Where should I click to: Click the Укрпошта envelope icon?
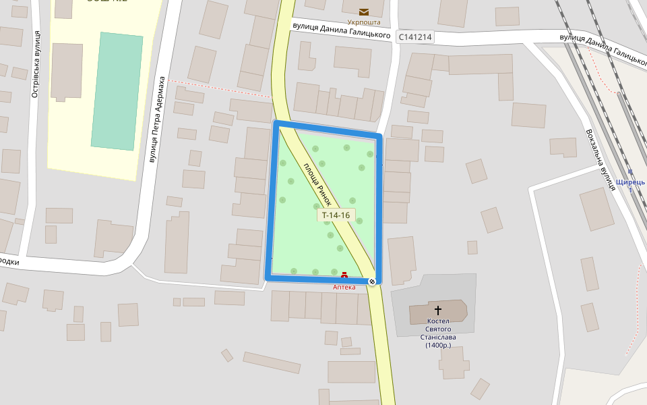(x=364, y=11)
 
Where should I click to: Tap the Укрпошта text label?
(x=364, y=22)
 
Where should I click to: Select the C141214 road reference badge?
(x=414, y=38)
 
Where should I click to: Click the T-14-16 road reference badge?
(x=336, y=215)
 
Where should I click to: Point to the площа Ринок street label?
(x=317, y=184)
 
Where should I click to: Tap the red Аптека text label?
(x=344, y=287)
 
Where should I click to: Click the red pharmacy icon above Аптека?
(x=344, y=275)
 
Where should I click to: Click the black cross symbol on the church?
(x=438, y=310)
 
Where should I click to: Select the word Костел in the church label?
(x=438, y=321)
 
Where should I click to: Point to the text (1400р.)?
(x=438, y=346)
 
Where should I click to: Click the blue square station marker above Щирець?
(x=631, y=173)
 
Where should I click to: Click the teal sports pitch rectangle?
(x=117, y=90)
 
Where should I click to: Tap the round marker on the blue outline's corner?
(x=372, y=281)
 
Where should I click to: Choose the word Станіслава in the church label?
(x=438, y=337)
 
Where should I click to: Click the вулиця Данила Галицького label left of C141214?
(x=342, y=30)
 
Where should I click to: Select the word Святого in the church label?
(x=438, y=329)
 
